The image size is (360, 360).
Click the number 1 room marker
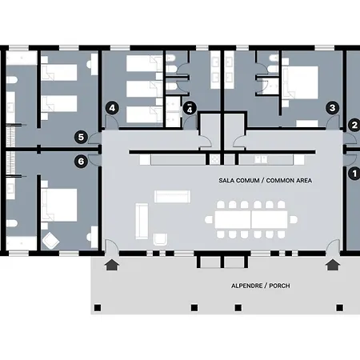[x=354, y=174]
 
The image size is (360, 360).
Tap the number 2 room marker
[x=354, y=125]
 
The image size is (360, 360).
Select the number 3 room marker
[x=333, y=108]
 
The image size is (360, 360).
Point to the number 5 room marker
[x=81, y=138]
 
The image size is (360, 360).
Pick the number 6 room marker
[x=81, y=162]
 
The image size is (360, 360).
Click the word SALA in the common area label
[x=226, y=181]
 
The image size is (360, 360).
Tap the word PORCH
[x=279, y=286]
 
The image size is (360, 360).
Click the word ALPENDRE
[x=247, y=286]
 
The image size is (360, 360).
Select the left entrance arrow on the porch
[x=112, y=265]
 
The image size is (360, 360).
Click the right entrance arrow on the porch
[x=333, y=265]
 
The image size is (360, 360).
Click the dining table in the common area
[x=251, y=220]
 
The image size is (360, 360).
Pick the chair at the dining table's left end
[x=209, y=220]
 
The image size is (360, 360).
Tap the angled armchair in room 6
[x=50, y=241]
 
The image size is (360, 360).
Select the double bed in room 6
[x=59, y=205]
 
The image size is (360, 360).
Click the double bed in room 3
[x=301, y=82]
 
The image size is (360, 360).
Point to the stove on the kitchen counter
[x=214, y=159]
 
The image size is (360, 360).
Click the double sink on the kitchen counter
[x=261, y=159]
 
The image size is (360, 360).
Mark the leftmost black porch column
[x=98, y=308]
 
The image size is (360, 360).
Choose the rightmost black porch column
[x=339, y=308]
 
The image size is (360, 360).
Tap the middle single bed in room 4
[x=144, y=89]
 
